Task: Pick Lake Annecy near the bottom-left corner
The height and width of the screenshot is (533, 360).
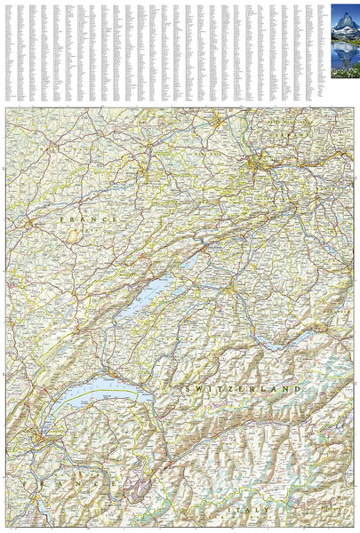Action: point(43,506)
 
